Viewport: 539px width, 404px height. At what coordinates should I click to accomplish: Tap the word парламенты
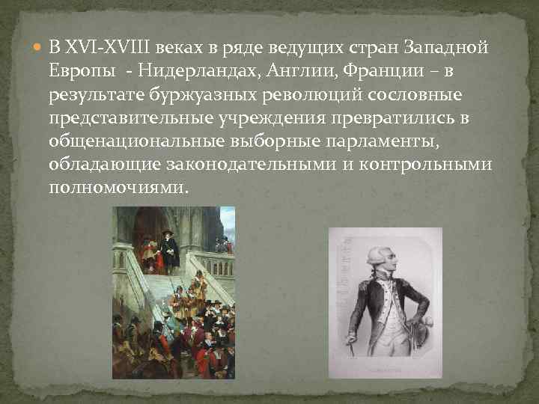(x=400, y=141)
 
